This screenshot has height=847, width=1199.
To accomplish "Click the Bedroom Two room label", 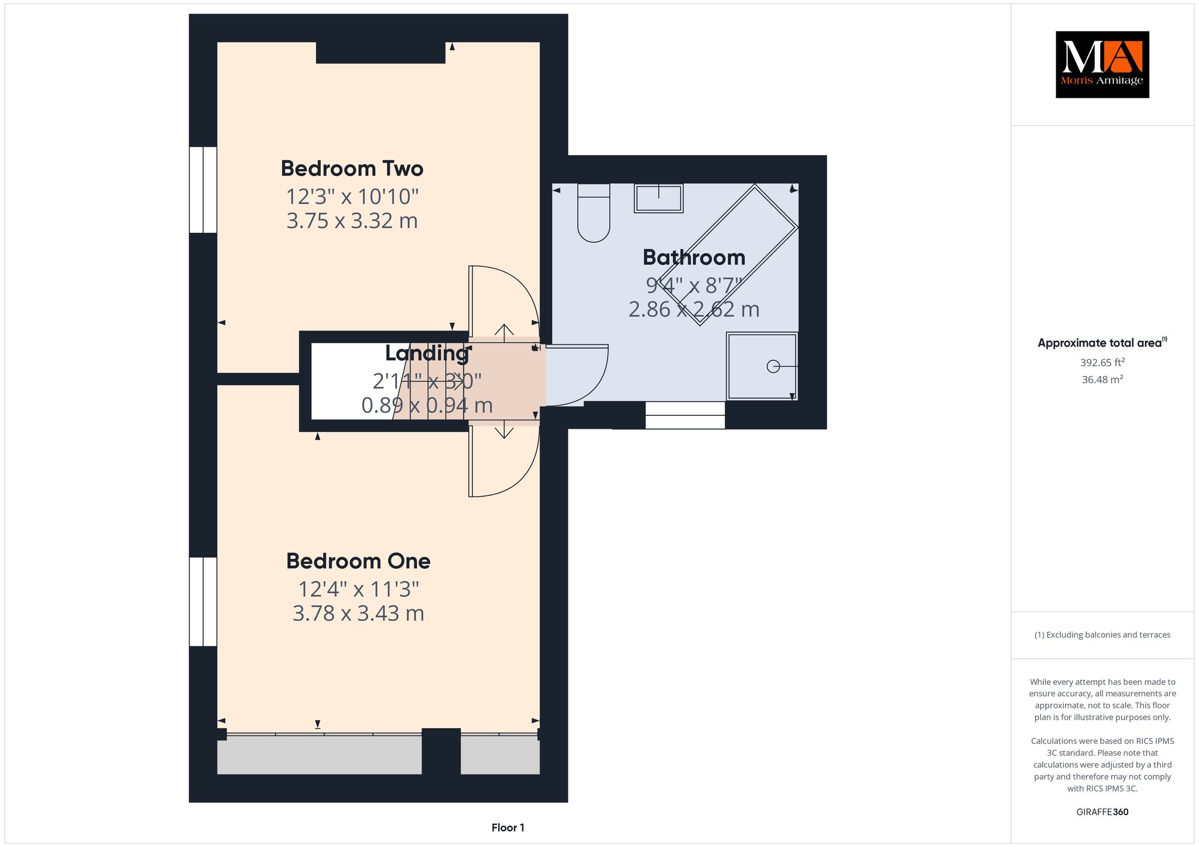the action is click(x=352, y=168).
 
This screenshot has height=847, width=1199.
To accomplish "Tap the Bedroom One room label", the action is click(x=358, y=561).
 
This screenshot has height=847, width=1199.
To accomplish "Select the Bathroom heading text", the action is click(x=694, y=257).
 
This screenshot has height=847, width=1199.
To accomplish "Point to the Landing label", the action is click(x=427, y=353).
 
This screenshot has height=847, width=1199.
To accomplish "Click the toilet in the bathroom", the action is click(x=594, y=213).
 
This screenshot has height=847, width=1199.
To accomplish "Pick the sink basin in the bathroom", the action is click(x=659, y=198).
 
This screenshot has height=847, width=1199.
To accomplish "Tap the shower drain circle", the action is click(x=773, y=366).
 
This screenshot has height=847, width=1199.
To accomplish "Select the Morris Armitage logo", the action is click(x=1102, y=64).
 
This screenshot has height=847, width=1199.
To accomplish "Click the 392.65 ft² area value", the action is click(x=1102, y=362).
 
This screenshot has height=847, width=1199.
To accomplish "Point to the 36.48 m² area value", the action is click(x=1102, y=379).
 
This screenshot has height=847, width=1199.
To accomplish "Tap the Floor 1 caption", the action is click(x=508, y=828).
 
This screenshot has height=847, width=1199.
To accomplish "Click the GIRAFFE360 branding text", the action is click(x=1102, y=812).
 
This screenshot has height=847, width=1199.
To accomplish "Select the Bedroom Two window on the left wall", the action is click(x=203, y=190).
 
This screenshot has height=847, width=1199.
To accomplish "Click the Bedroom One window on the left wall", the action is click(x=203, y=601).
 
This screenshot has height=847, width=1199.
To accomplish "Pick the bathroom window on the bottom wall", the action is click(x=685, y=415).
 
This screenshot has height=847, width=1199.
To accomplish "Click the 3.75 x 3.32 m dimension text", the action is click(x=352, y=221).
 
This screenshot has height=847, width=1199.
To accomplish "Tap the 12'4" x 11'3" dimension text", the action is click(x=359, y=588).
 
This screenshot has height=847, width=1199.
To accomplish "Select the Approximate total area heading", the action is click(x=1102, y=343).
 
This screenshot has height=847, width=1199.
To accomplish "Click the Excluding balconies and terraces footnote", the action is click(x=1102, y=635).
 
